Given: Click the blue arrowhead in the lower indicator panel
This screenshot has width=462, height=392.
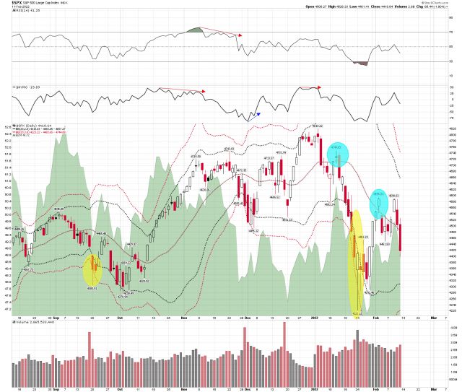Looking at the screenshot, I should pyautogui.click(x=258, y=114).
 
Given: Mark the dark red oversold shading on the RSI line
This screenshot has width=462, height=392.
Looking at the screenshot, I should pyautogui.click(x=360, y=64).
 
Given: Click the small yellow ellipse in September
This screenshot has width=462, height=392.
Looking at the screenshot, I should pyautogui.click(x=92, y=269).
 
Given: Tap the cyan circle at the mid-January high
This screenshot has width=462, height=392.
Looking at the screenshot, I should pyautogui.click(x=337, y=154).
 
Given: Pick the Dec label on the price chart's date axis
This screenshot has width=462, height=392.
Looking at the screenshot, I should pyautogui.click(x=248, y=318).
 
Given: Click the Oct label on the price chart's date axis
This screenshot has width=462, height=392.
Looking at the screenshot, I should pyautogui.click(x=120, y=318).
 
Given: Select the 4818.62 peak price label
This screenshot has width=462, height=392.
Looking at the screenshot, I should pyautogui.click(x=315, y=126).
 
